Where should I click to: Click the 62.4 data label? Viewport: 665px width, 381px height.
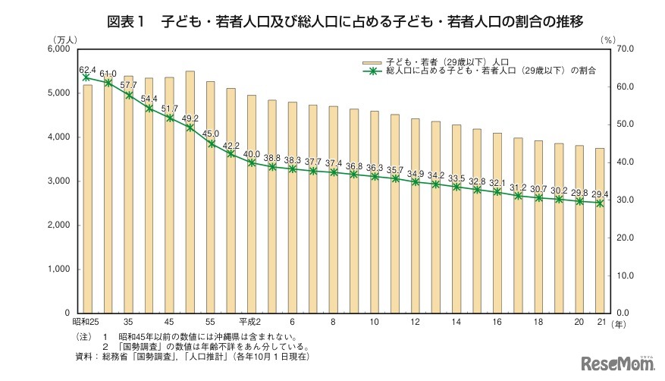tap(88, 69)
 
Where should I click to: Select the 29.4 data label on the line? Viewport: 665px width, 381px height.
tap(599, 194)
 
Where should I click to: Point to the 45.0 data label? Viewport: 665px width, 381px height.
tap(211, 134)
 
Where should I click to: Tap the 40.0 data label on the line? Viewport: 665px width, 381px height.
tap(252, 153)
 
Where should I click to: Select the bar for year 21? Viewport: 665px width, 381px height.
tap(600, 231)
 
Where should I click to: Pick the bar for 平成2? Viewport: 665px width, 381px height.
tap(252, 204)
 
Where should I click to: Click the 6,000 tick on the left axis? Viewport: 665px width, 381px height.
tap(58, 49)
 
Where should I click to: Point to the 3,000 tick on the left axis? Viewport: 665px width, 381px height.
tap(58, 181)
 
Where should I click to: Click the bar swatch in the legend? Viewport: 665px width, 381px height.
tap(372, 60)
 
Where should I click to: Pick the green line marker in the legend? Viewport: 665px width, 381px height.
tap(372, 71)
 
